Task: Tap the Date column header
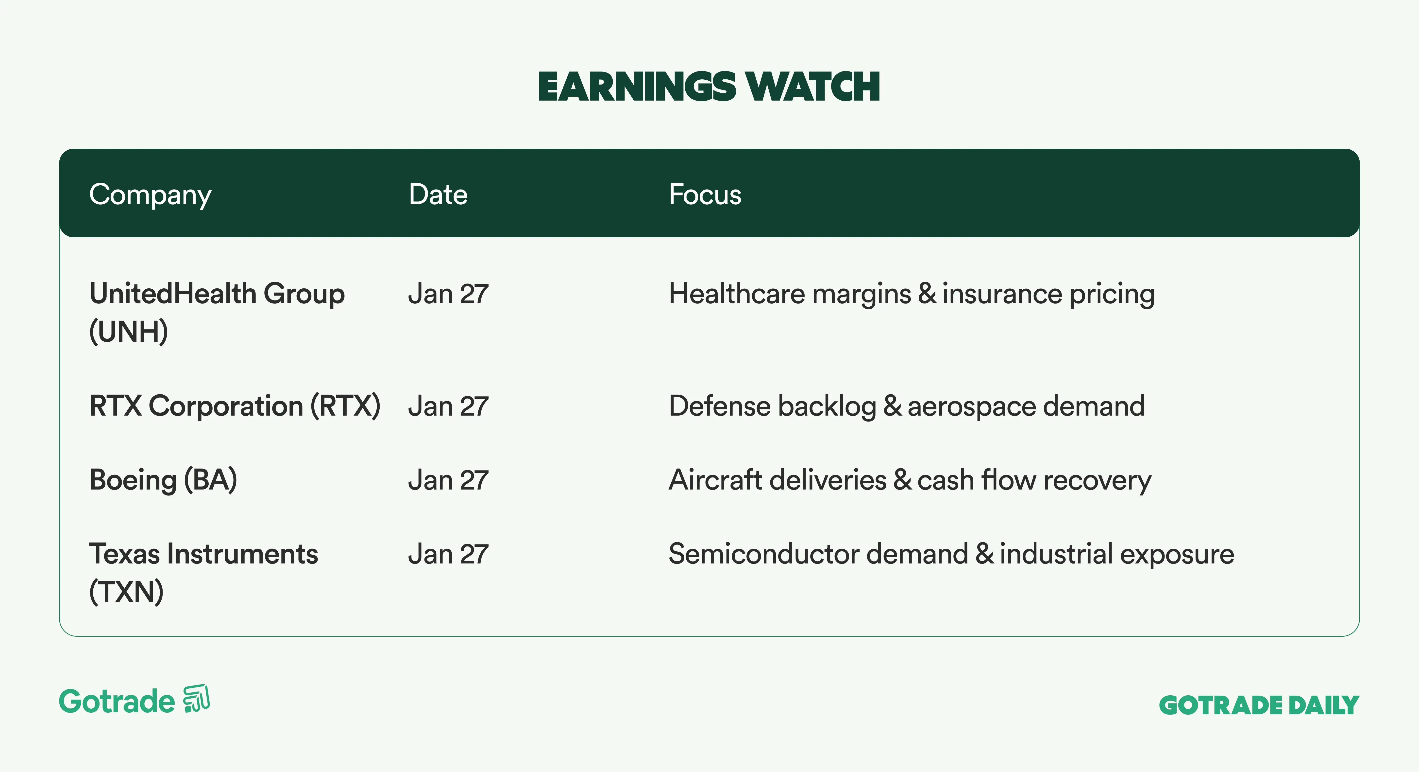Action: click(x=438, y=194)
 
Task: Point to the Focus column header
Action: click(x=705, y=194)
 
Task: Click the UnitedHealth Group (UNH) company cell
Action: click(x=217, y=313)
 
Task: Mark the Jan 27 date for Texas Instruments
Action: click(x=448, y=554)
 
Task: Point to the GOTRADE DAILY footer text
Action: click(x=1259, y=705)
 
